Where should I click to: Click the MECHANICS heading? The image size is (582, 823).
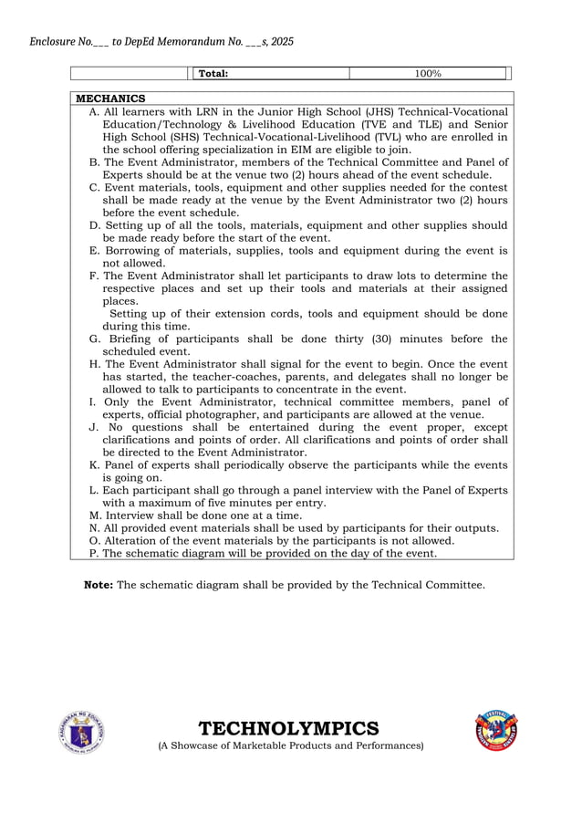(109, 99)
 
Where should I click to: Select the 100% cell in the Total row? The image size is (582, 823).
(428, 73)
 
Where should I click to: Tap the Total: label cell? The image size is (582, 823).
(213, 73)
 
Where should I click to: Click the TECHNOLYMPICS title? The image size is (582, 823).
(288, 728)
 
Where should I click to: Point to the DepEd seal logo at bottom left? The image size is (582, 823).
(82, 732)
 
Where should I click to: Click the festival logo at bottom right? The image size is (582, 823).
(497, 732)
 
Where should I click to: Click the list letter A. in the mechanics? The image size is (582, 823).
(94, 111)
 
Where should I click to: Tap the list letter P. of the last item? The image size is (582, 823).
(94, 552)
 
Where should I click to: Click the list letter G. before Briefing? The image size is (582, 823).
(95, 339)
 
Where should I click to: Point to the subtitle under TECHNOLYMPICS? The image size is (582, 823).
(291, 746)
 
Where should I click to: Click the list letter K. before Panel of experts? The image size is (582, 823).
(95, 464)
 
